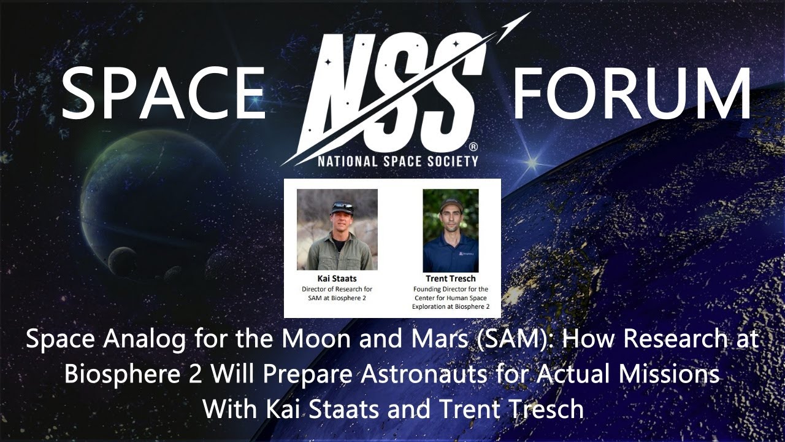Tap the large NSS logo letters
tap(392, 92)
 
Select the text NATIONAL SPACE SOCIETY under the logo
tap(397, 161)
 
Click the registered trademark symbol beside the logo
tap(473, 147)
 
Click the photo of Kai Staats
tap(337, 230)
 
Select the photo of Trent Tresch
tap(450, 230)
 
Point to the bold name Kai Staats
tap(337, 279)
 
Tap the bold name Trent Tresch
tap(450, 279)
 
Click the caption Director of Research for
tap(337, 289)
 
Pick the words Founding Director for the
tap(450, 289)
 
